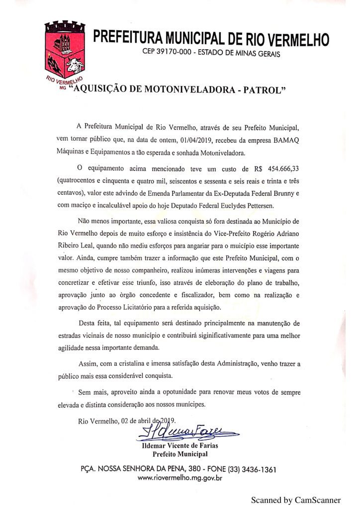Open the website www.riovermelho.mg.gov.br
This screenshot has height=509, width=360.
pos(180,479)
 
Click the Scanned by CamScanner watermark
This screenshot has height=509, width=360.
pos(295,500)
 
